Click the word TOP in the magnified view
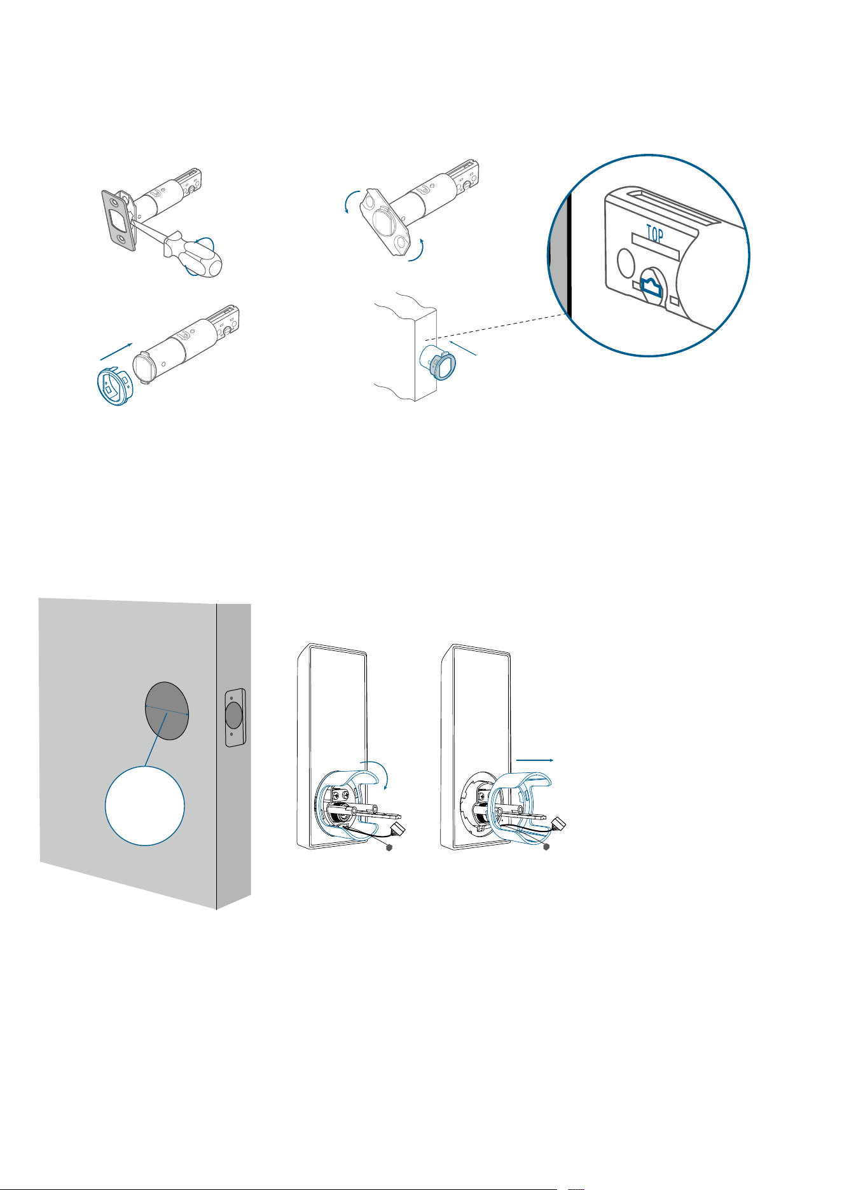pyautogui.click(x=655, y=235)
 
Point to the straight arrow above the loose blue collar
pyautogui.click(x=117, y=353)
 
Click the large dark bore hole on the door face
pyautogui.click(x=167, y=711)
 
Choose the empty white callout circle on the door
pyautogui.click(x=145, y=805)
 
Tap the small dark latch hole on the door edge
pyautogui.click(x=233, y=715)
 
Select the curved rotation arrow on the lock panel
pyautogui.click(x=379, y=771)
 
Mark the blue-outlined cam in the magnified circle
pyautogui.click(x=651, y=289)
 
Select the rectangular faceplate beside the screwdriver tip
pyautogui.click(x=119, y=218)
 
